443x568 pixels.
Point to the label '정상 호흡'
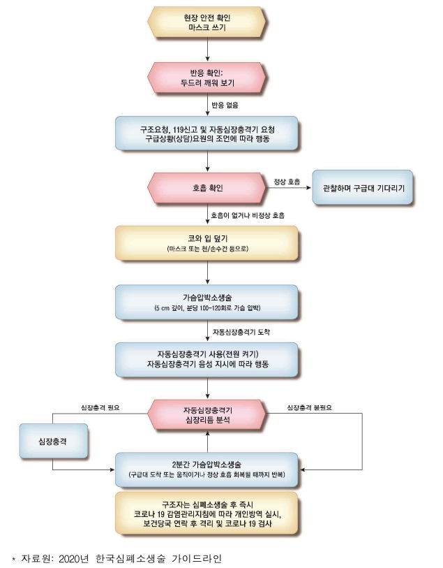pyautogui.click(x=285, y=182)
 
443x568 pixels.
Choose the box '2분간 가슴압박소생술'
pyautogui.click(x=208, y=467)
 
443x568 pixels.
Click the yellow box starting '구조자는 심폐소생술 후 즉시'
pyautogui.click(x=208, y=513)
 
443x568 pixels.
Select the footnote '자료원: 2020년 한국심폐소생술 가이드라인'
pyautogui.click(x=119, y=557)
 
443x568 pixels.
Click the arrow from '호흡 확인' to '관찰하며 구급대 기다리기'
pyautogui.click(x=289, y=188)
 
